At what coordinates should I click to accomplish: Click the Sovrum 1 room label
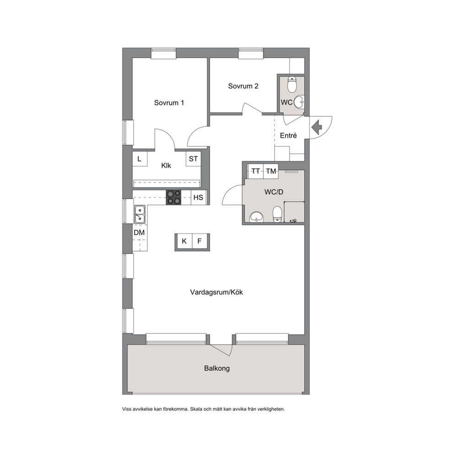169,103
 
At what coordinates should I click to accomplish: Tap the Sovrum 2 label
243,86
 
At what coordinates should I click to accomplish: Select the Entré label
288,135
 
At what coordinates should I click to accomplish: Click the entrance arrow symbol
317,127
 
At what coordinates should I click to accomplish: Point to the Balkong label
217,368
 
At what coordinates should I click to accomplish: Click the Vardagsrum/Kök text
216,292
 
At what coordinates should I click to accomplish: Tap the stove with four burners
173,197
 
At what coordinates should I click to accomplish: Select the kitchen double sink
140,214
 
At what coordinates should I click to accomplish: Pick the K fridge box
184,242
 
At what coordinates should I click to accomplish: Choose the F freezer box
200,242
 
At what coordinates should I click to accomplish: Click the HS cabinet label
198,197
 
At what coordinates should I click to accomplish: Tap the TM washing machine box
271,172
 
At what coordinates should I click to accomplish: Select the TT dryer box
255,172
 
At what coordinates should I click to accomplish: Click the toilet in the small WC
292,84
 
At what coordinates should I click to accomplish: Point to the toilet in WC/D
277,215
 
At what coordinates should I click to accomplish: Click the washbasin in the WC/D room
257,217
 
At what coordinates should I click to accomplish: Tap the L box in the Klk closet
140,159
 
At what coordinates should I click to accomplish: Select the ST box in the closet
193,159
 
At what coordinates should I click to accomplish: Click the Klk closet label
166,166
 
